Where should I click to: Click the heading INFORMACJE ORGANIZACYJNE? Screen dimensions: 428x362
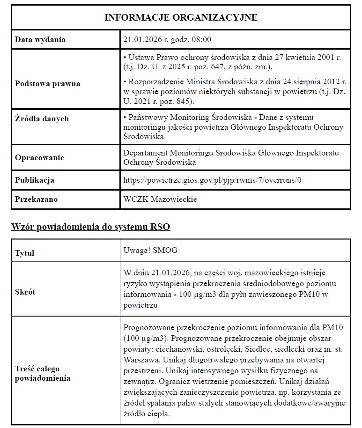pos(181,17)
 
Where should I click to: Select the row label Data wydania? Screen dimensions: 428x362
pos(40,40)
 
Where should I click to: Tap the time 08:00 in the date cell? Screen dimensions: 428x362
pos(202,40)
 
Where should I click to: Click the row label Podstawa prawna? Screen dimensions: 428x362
pos(47,84)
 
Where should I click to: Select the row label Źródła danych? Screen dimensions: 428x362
pos(42,118)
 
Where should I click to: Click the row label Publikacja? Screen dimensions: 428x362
pos(35,180)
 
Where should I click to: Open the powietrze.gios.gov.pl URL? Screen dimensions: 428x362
pos(212,180)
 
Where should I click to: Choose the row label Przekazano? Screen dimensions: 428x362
pos(36,199)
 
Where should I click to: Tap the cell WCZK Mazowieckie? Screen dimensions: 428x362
pos(160,199)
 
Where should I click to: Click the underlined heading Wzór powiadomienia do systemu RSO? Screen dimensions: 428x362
pos(90,228)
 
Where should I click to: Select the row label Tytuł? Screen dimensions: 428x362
pos(25,253)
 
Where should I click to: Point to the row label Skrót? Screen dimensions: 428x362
pos(25,292)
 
